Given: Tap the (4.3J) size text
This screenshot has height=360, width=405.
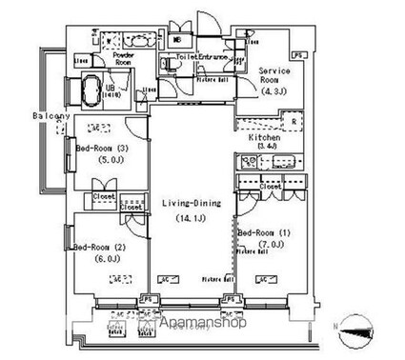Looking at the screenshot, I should click(277, 92).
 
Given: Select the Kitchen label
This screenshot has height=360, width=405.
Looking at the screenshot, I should click(264, 138).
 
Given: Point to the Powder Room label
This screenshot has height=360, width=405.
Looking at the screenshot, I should click(123, 59).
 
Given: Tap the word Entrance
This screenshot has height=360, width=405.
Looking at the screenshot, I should click(215, 58).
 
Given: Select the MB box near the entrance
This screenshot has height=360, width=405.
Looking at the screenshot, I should click(178, 40).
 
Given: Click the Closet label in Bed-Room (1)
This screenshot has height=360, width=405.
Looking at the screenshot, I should click(269, 187).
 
